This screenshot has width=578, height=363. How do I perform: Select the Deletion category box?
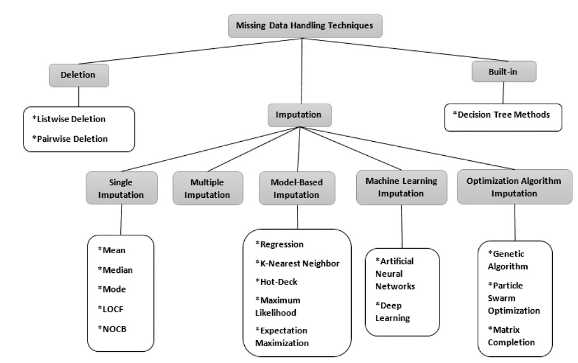click(78, 74)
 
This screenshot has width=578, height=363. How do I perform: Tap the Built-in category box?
click(504, 72)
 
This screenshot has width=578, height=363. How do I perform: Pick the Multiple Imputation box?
click(208, 188)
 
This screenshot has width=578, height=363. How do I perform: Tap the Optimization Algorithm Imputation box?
click(514, 187)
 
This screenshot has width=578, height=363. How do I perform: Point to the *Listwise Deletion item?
click(69, 119)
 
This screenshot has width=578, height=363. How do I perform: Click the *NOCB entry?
click(112, 328)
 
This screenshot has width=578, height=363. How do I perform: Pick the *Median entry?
click(114, 270)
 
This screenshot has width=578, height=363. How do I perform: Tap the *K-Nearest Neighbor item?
click(297, 263)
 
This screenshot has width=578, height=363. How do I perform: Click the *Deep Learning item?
click(393, 311)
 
